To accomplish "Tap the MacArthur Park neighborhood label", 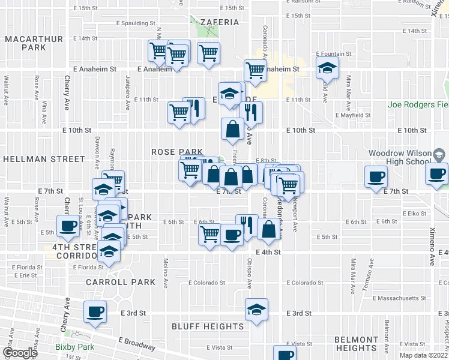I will coord(25,43).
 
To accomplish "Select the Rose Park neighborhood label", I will coord(177,152).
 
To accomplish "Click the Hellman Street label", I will coord(44,159).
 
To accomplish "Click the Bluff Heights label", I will coord(208,326).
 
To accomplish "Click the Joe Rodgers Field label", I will coord(418,104).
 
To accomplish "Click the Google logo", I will coord(20,352).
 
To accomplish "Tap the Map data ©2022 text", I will coord(424,355).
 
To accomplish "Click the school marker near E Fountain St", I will coord(327,68).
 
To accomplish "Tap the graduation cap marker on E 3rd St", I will coord(256,310).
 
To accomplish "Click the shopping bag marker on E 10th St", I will coord(232,128).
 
